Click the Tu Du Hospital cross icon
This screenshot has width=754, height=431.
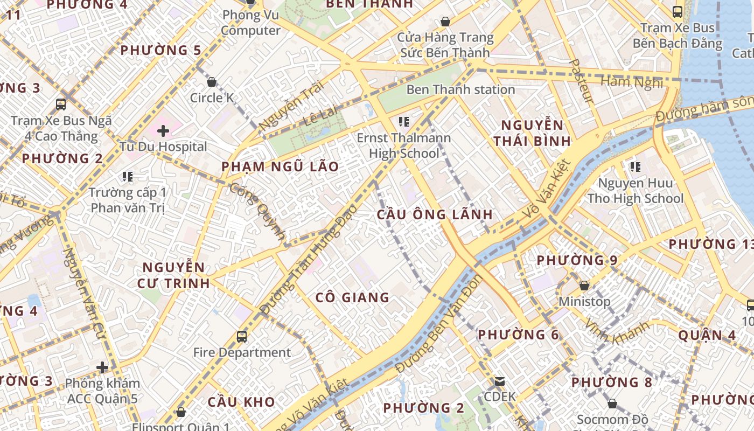(163, 130)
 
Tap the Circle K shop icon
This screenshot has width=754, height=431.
(212, 82)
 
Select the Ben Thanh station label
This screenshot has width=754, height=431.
(460, 89)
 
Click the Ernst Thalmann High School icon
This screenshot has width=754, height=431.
(403, 122)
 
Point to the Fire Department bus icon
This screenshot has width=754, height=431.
(242, 337)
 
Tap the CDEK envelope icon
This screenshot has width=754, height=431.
(500, 381)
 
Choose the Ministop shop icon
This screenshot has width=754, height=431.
(584, 286)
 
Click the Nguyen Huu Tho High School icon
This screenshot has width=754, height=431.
(636, 167)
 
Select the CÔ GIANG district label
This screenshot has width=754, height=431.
(352, 297)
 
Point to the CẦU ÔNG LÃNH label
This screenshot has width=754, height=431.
(435, 214)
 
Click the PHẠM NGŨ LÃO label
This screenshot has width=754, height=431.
(280, 166)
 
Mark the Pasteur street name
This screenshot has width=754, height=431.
(581, 81)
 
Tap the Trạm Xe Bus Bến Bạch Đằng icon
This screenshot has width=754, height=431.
(678, 11)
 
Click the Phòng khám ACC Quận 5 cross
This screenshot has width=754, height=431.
(102, 367)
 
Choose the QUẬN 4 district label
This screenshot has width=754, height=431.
(707, 335)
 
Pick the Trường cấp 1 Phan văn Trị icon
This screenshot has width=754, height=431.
(128, 176)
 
